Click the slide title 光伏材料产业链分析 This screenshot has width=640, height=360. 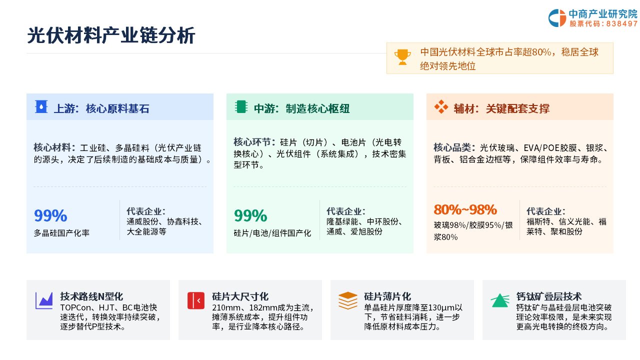[x=111, y=35]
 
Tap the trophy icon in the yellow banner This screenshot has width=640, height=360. [x=402, y=57]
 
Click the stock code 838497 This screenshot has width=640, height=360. [x=621, y=23]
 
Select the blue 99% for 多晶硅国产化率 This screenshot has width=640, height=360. [x=50, y=215]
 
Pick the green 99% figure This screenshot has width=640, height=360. [x=250, y=215]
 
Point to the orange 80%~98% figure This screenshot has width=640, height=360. [x=465, y=209]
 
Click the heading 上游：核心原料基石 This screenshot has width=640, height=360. [x=101, y=108]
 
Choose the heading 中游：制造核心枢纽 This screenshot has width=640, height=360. [x=301, y=108]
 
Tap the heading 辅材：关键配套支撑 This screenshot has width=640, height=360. [x=501, y=108]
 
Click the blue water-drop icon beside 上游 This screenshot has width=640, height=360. [x=41, y=107]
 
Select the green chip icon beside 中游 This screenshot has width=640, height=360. [x=241, y=107]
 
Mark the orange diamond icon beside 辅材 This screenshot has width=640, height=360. [x=441, y=107]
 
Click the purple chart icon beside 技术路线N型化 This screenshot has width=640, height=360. [x=44, y=300]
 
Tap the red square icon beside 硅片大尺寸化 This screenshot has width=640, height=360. [x=196, y=300]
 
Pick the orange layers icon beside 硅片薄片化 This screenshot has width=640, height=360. [x=347, y=300]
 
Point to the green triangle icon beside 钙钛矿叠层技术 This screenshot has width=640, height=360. [x=500, y=300]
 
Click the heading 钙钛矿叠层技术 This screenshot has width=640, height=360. [x=549, y=296]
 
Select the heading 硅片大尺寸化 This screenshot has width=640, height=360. [x=240, y=296]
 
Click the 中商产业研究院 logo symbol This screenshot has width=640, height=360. [x=557, y=18]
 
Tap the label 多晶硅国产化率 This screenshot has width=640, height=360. [x=61, y=233]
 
